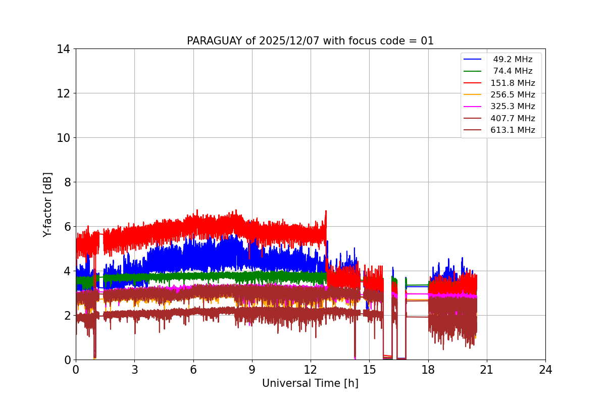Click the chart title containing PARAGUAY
(310, 41)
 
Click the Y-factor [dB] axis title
(47, 205)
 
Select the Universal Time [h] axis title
(310, 383)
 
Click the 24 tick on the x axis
(545, 370)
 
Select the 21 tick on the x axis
(487, 370)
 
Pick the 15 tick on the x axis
(369, 370)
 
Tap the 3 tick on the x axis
(134, 370)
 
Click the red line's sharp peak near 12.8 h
(326, 211)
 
